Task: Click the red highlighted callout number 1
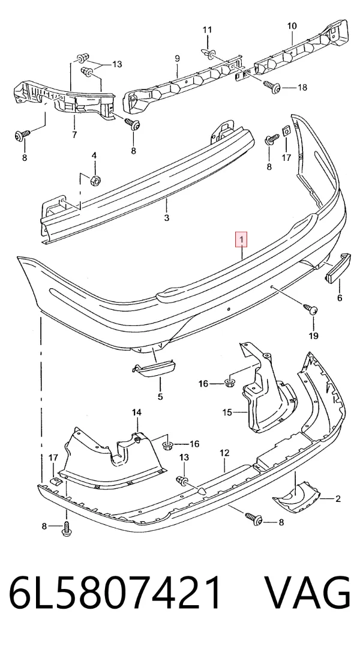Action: [x=241, y=238]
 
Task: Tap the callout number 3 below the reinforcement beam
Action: [x=166, y=217]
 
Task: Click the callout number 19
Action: [x=313, y=336]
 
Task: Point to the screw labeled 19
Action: [x=310, y=308]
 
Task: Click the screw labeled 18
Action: [x=272, y=86]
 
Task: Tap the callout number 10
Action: [x=292, y=26]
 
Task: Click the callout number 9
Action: [x=177, y=58]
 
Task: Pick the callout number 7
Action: [x=74, y=134]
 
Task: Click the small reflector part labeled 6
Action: [x=338, y=268]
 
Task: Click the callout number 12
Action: [x=224, y=453]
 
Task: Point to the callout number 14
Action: [x=136, y=412]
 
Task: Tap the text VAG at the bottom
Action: [x=307, y=594]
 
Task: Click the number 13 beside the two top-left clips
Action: [x=117, y=64]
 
